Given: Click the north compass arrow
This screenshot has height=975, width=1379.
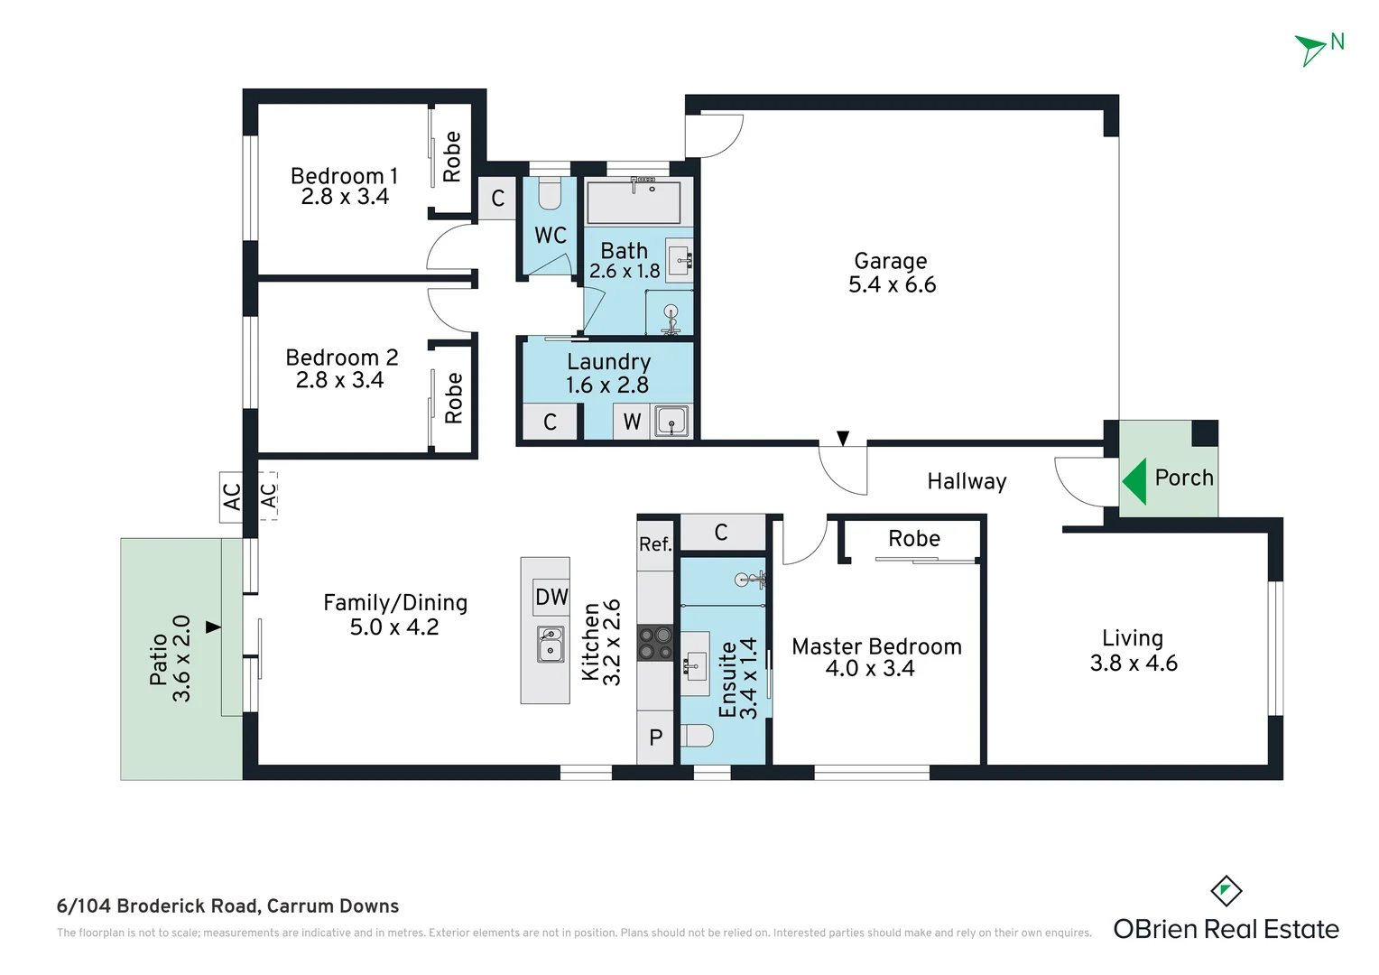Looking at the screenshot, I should (1310, 49).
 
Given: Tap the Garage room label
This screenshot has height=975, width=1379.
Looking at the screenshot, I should (890, 261).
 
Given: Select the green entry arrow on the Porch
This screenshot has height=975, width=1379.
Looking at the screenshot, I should (1134, 480).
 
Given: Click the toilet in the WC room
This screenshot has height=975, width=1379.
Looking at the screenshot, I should (550, 192).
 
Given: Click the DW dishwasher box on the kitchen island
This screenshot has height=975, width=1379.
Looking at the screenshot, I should (551, 597).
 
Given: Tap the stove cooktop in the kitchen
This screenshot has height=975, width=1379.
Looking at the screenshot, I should (655, 643).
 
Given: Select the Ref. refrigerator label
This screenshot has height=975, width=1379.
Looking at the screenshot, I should (655, 544).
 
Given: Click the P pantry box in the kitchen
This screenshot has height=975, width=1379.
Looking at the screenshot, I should (656, 738).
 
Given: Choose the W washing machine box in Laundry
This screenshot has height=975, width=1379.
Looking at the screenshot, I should (632, 422).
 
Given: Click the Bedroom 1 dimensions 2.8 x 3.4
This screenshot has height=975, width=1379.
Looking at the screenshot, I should (345, 197).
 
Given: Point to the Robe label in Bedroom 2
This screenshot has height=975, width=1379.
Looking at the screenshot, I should (453, 398).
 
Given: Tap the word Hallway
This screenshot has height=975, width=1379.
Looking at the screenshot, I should (967, 481).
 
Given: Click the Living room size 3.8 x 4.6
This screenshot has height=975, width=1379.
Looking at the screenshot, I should (1134, 664).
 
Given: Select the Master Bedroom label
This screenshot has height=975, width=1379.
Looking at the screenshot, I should (876, 646).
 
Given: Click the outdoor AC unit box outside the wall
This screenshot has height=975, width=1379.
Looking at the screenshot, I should (231, 497).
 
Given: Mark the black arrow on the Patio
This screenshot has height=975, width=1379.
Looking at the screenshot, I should (213, 627).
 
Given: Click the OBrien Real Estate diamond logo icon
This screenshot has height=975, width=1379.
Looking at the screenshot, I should (1226, 892).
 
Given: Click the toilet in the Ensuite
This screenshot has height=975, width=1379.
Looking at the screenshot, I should (699, 737).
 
